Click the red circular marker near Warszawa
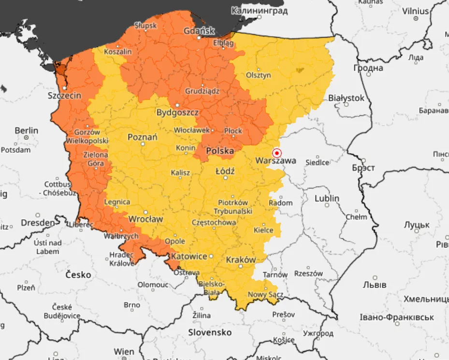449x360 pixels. pyautogui.click(x=277, y=153)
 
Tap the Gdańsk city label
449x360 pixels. pyautogui.click(x=199, y=31)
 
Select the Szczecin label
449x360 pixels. pyautogui.click(x=64, y=96)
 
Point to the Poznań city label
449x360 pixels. pyautogui.click(x=142, y=137)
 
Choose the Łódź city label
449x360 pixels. pyautogui.click(x=225, y=171)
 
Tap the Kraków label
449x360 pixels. pyautogui.click(x=241, y=259)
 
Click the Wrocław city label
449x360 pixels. pyautogui.click(x=145, y=219)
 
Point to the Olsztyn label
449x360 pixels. pyautogui.click(x=259, y=75)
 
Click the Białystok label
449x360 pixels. pyautogui.click(x=346, y=98)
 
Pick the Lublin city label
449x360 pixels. pyautogui.click(x=327, y=199)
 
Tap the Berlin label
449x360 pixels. pyautogui.click(x=26, y=130)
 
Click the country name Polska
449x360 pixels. pyautogui.click(x=220, y=151)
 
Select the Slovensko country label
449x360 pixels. pyautogui.click(x=210, y=332)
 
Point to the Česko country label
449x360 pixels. pyautogui.click(x=78, y=274)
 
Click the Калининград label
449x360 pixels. pyautogui.click(x=260, y=10)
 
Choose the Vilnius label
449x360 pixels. pyautogui.click(x=415, y=11)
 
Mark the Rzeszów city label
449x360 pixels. pyautogui.click(x=308, y=274)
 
